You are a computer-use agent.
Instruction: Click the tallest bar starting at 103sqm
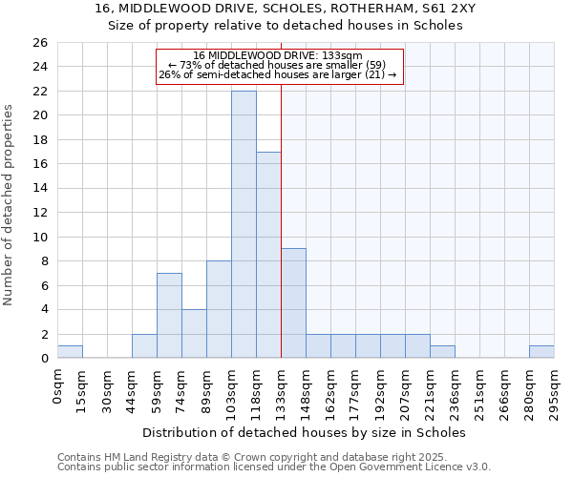pyautogui.click(x=244, y=224)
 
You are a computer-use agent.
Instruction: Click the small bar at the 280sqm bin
pyautogui.click(x=541, y=352)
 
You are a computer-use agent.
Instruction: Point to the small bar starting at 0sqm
pyautogui.click(x=70, y=352)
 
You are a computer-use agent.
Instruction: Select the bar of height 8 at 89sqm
pyautogui.click(x=219, y=309)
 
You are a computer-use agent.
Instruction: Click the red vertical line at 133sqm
pyautogui.click(x=281, y=219)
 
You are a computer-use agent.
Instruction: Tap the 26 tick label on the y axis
pyautogui.click(x=39, y=43)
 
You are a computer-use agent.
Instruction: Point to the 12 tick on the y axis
pyautogui.click(x=39, y=213)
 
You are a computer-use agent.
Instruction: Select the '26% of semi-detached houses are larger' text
pyautogui.click(x=277, y=74)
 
